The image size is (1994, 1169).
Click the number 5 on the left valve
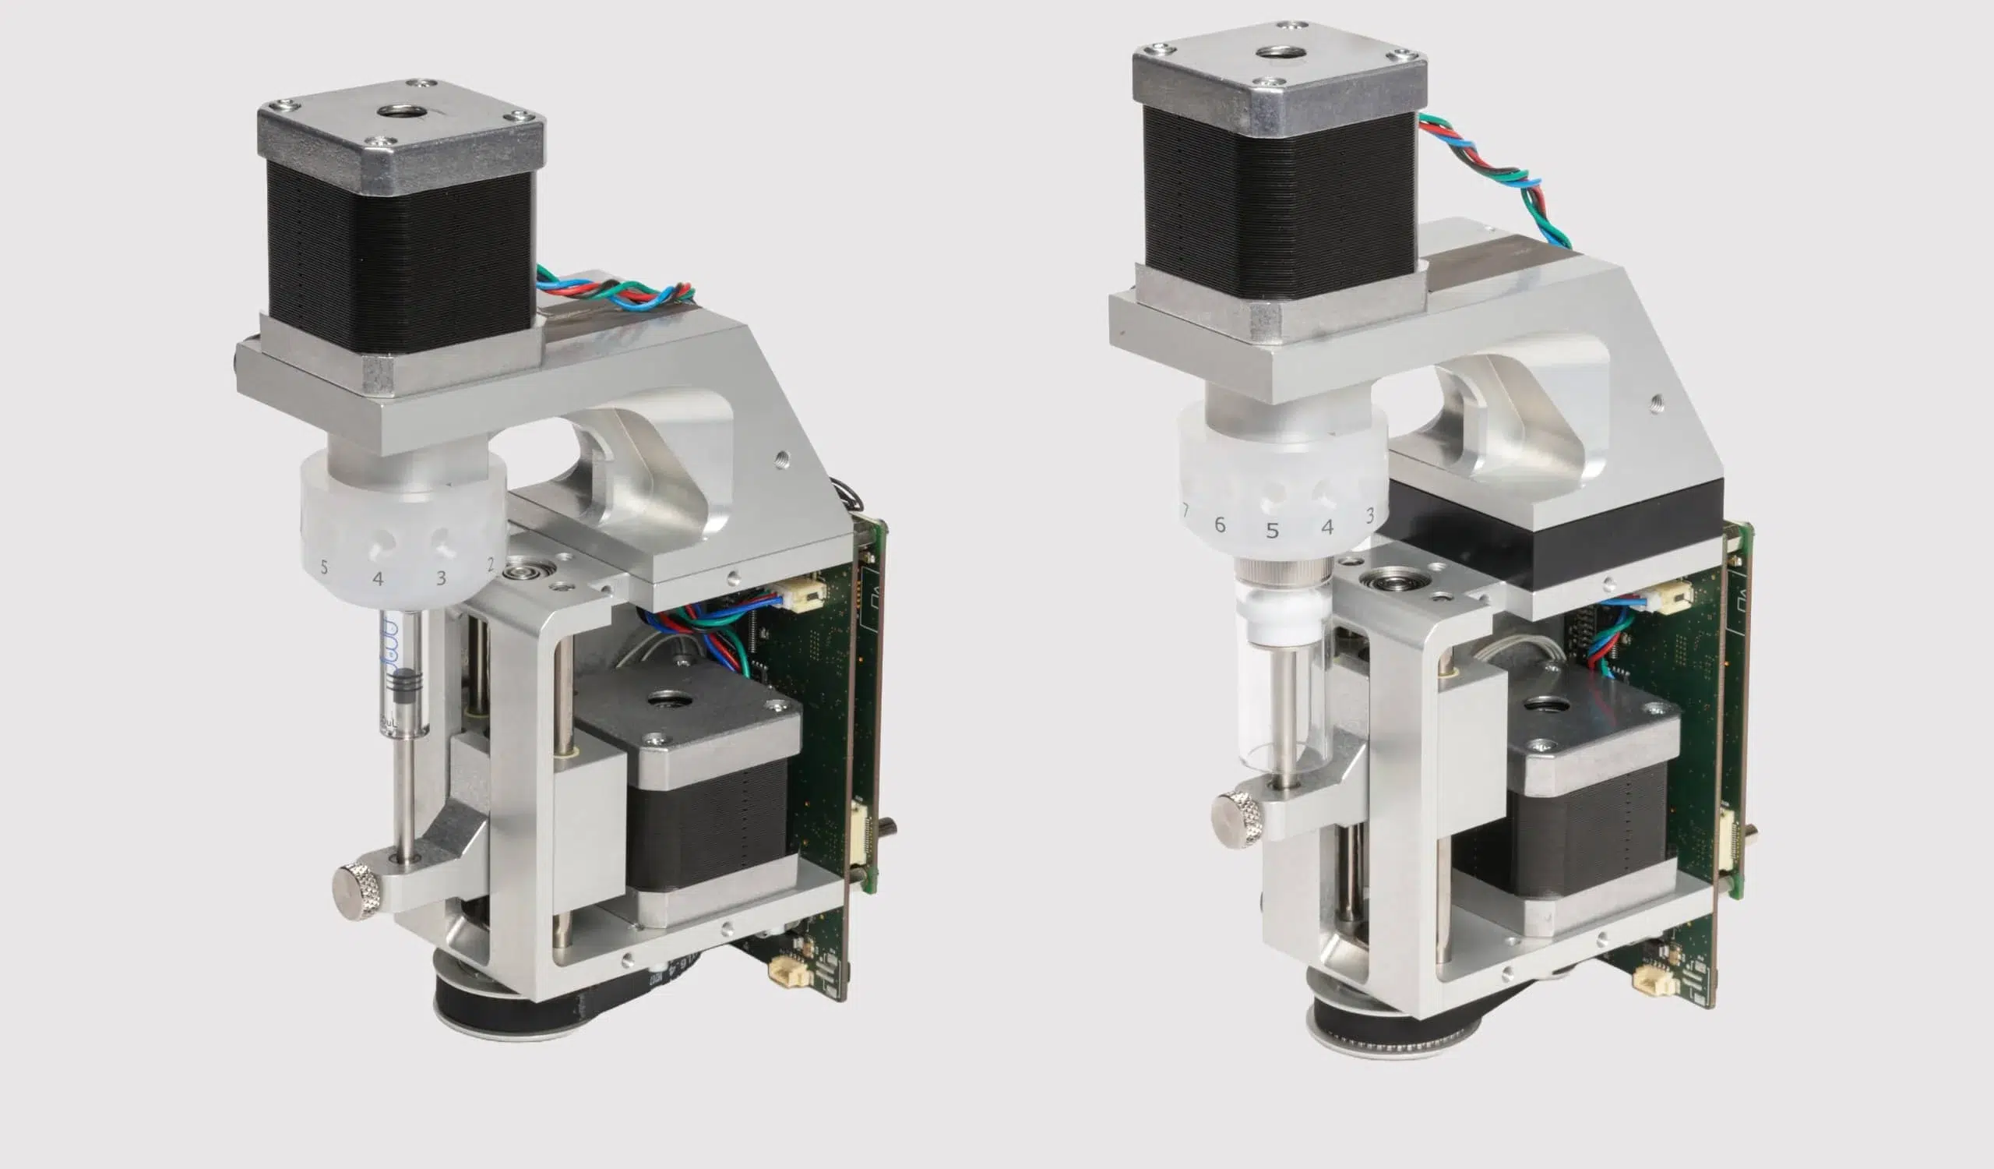pyautogui.click(x=322, y=567)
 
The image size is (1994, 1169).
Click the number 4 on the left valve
pyautogui.click(x=379, y=579)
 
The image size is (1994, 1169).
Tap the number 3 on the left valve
pyautogui.click(x=442, y=578)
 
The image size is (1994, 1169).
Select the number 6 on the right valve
pyautogui.click(x=1219, y=524)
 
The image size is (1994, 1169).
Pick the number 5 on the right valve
pyautogui.click(x=1272, y=531)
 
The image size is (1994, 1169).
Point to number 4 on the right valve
pyautogui.click(x=1328, y=527)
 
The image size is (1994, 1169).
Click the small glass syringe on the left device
pyautogui.click(x=402, y=673)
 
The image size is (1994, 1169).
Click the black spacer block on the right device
pyautogui.click(x=1551, y=539)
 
